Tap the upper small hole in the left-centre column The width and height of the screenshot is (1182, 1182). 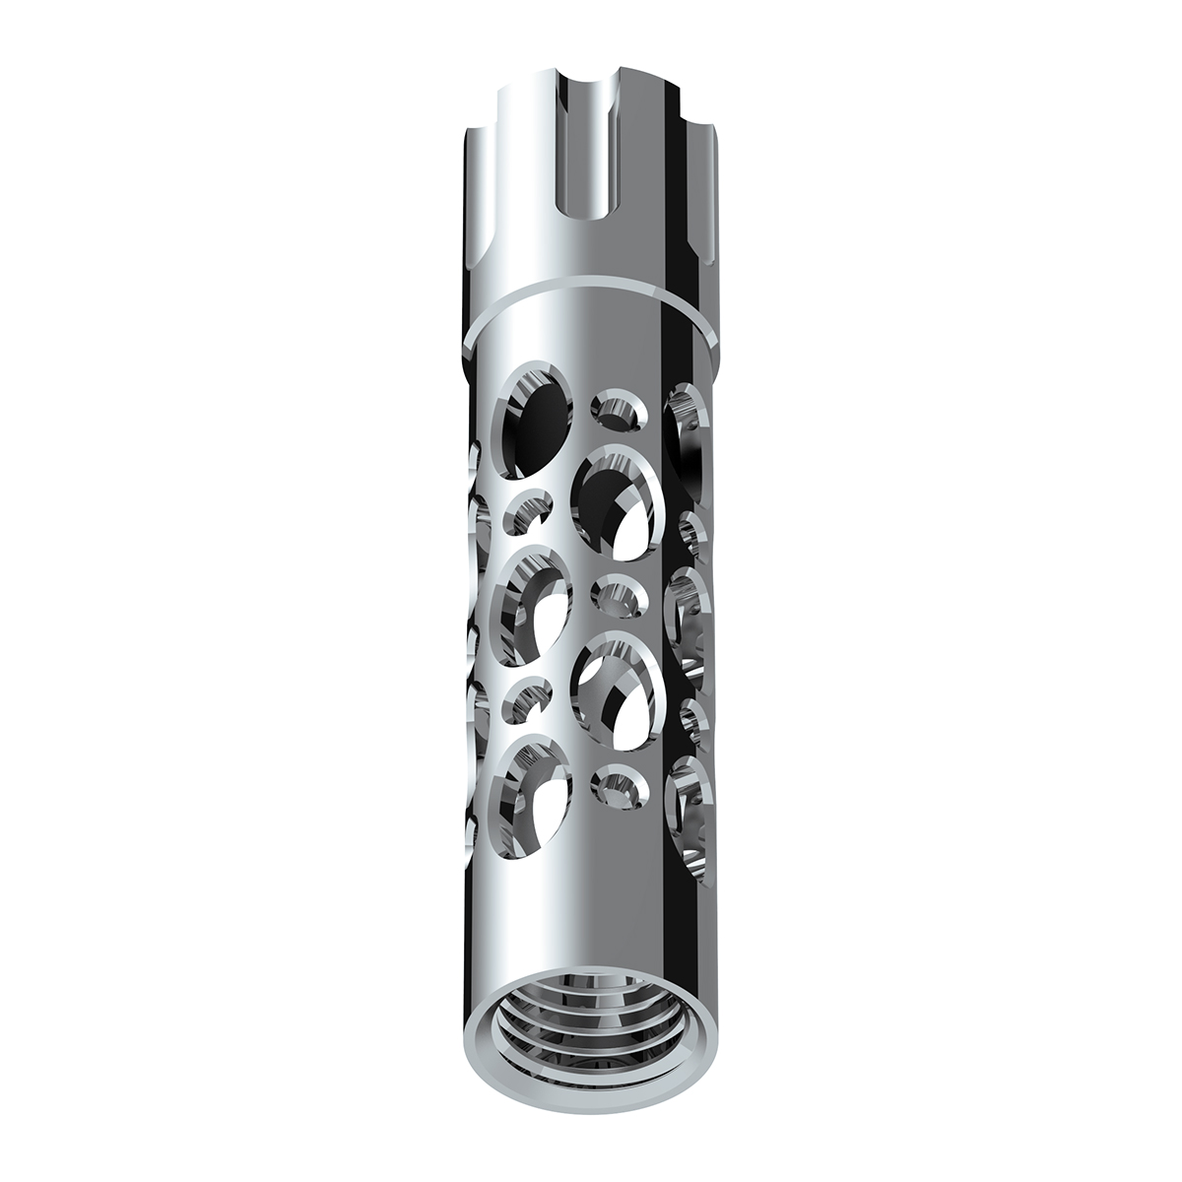(x=528, y=511)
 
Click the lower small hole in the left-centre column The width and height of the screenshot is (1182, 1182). (x=528, y=699)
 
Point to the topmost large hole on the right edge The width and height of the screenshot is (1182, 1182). (x=687, y=424)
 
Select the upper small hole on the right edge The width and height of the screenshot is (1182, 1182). (x=691, y=527)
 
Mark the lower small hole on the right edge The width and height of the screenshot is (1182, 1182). (x=693, y=717)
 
